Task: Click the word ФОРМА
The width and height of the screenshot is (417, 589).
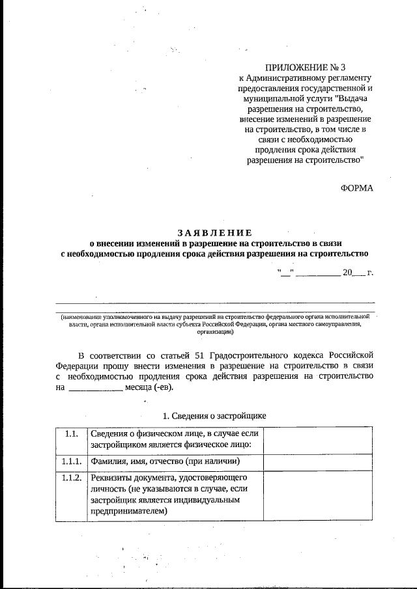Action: pos(357,187)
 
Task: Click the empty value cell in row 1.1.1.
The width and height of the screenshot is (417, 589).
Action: pos(319,462)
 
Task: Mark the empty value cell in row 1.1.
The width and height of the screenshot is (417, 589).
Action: pos(319,440)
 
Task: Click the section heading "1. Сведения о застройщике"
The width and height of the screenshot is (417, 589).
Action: pos(214,415)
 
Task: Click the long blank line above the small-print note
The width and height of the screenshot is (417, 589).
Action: pos(215,303)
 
